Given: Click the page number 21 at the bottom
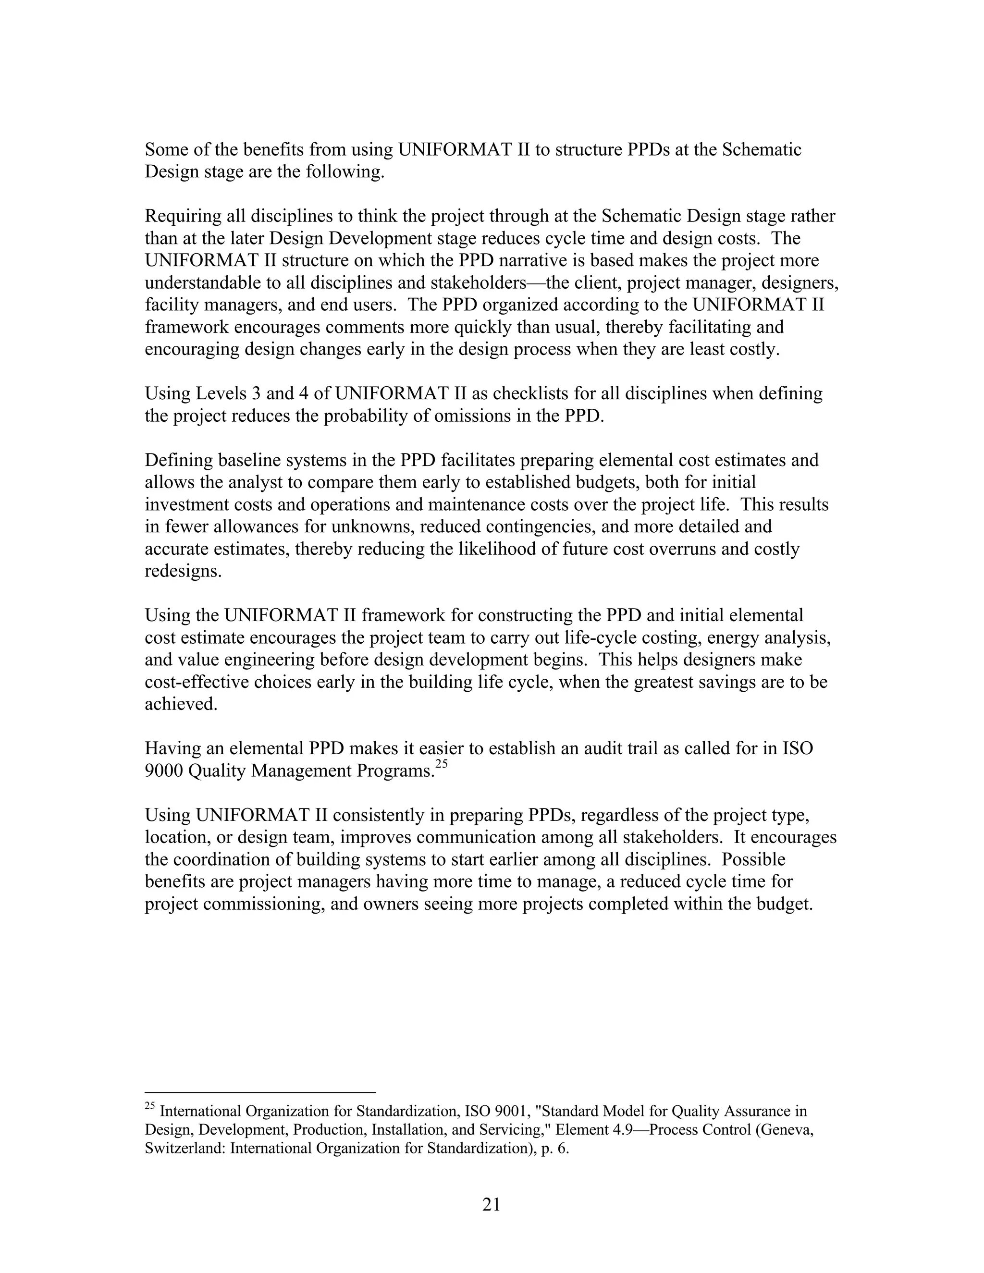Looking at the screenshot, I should [x=492, y=1204].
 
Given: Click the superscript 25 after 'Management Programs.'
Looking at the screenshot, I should [x=441, y=764].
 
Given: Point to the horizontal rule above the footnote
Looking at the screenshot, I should [x=260, y=1092].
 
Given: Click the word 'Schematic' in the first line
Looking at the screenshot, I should [x=762, y=150].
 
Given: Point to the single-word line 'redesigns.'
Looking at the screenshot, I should [x=183, y=571].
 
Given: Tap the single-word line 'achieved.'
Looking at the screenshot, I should [x=181, y=704].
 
